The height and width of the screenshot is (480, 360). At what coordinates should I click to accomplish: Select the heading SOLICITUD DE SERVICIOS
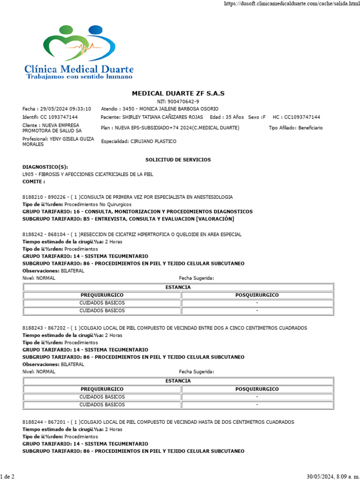(x=178, y=160)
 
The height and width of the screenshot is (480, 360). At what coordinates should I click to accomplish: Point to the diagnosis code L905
(x=28, y=174)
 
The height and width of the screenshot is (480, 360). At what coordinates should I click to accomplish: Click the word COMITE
(x=33, y=181)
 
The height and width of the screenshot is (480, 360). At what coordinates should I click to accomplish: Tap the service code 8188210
(x=32, y=197)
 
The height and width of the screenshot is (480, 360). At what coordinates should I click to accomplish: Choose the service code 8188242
(x=32, y=234)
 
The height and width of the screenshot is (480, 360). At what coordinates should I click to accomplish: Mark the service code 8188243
(x=32, y=328)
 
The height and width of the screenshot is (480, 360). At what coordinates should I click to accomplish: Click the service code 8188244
(x=32, y=422)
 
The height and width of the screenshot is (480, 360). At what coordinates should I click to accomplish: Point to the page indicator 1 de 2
(x=7, y=476)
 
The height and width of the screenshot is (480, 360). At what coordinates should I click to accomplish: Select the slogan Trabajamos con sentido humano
(x=80, y=76)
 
